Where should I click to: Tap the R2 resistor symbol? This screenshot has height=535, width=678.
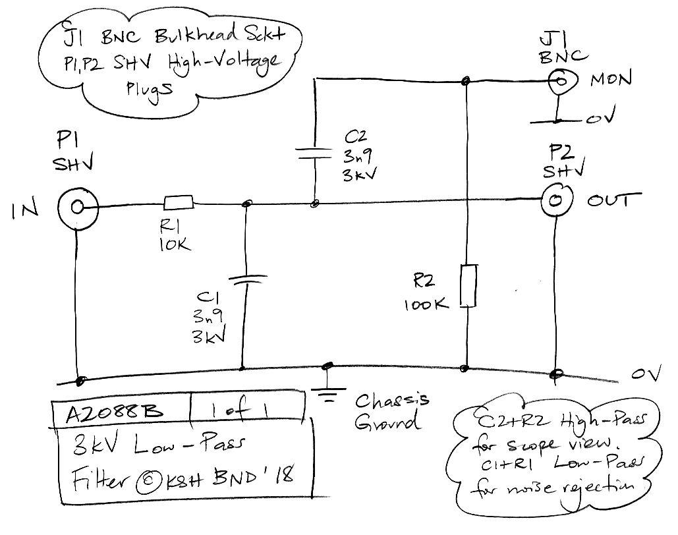tap(467, 285)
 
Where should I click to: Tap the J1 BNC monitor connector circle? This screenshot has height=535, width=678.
tap(563, 82)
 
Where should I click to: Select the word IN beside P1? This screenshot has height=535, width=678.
tap(25, 210)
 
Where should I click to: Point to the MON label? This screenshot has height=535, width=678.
tap(611, 80)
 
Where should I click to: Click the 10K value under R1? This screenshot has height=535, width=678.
tap(175, 244)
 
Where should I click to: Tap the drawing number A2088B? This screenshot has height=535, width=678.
tap(114, 412)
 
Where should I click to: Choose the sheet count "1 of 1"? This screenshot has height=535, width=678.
tap(245, 410)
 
